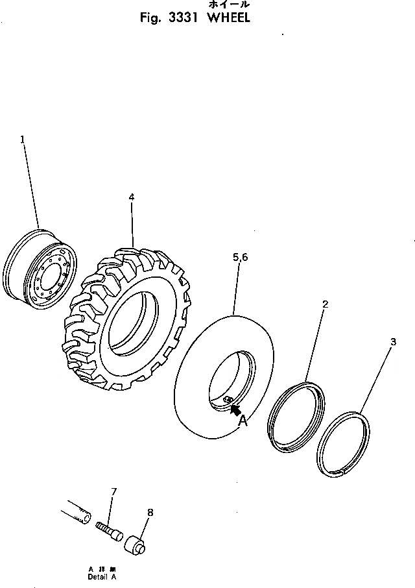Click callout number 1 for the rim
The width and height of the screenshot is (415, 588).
(x=23, y=139)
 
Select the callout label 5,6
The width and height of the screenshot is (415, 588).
(x=240, y=258)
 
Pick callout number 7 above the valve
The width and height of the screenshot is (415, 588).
(x=113, y=491)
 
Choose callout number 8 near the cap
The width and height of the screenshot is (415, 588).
(x=150, y=513)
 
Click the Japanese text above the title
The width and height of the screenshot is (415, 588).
(x=228, y=5)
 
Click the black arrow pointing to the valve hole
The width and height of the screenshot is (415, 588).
(x=236, y=410)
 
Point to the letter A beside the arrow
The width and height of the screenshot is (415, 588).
(x=243, y=421)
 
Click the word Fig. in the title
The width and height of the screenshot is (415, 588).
(x=150, y=18)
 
